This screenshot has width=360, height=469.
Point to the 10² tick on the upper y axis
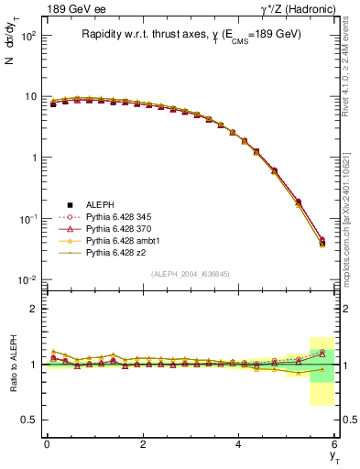point(29,36)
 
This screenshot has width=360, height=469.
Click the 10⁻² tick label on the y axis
point(28,279)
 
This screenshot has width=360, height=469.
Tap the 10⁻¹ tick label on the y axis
point(28,219)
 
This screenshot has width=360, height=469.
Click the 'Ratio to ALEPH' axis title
point(12,365)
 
